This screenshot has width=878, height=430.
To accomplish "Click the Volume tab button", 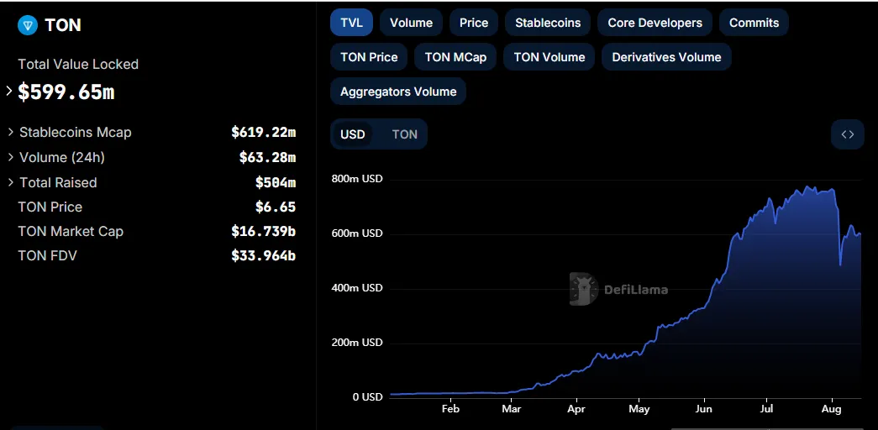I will pos(411,23).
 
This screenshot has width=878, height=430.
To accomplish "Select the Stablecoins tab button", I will pos(548,23).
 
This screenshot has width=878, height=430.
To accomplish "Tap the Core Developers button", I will pos(655,23).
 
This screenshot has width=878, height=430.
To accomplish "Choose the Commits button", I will pos(754,23).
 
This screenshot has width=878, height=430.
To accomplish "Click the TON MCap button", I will pos(455,57).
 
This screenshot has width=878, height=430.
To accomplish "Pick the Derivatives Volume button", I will pos(666,57).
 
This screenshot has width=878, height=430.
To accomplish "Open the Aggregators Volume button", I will pos(398,92).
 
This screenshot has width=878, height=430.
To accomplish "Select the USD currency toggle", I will pos(353,134).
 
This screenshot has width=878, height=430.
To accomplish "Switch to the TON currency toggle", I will pos(404,134).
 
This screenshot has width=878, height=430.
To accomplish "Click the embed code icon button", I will pos(847,134).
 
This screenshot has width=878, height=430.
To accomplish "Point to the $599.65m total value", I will pos(66,92).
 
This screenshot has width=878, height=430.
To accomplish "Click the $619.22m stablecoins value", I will pos(263,132).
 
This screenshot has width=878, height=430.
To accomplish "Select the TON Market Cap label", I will pos(71,231).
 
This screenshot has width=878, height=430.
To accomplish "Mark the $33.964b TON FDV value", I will pos(263,255).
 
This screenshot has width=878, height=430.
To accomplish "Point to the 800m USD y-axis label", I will pos(357,179).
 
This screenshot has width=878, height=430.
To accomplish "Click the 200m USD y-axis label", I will pos(357,343).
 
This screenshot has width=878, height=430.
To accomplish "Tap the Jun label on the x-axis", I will pos(703,409).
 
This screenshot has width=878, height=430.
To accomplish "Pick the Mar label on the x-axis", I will pos(512,409).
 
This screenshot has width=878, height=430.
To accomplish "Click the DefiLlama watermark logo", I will pos(619,289).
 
